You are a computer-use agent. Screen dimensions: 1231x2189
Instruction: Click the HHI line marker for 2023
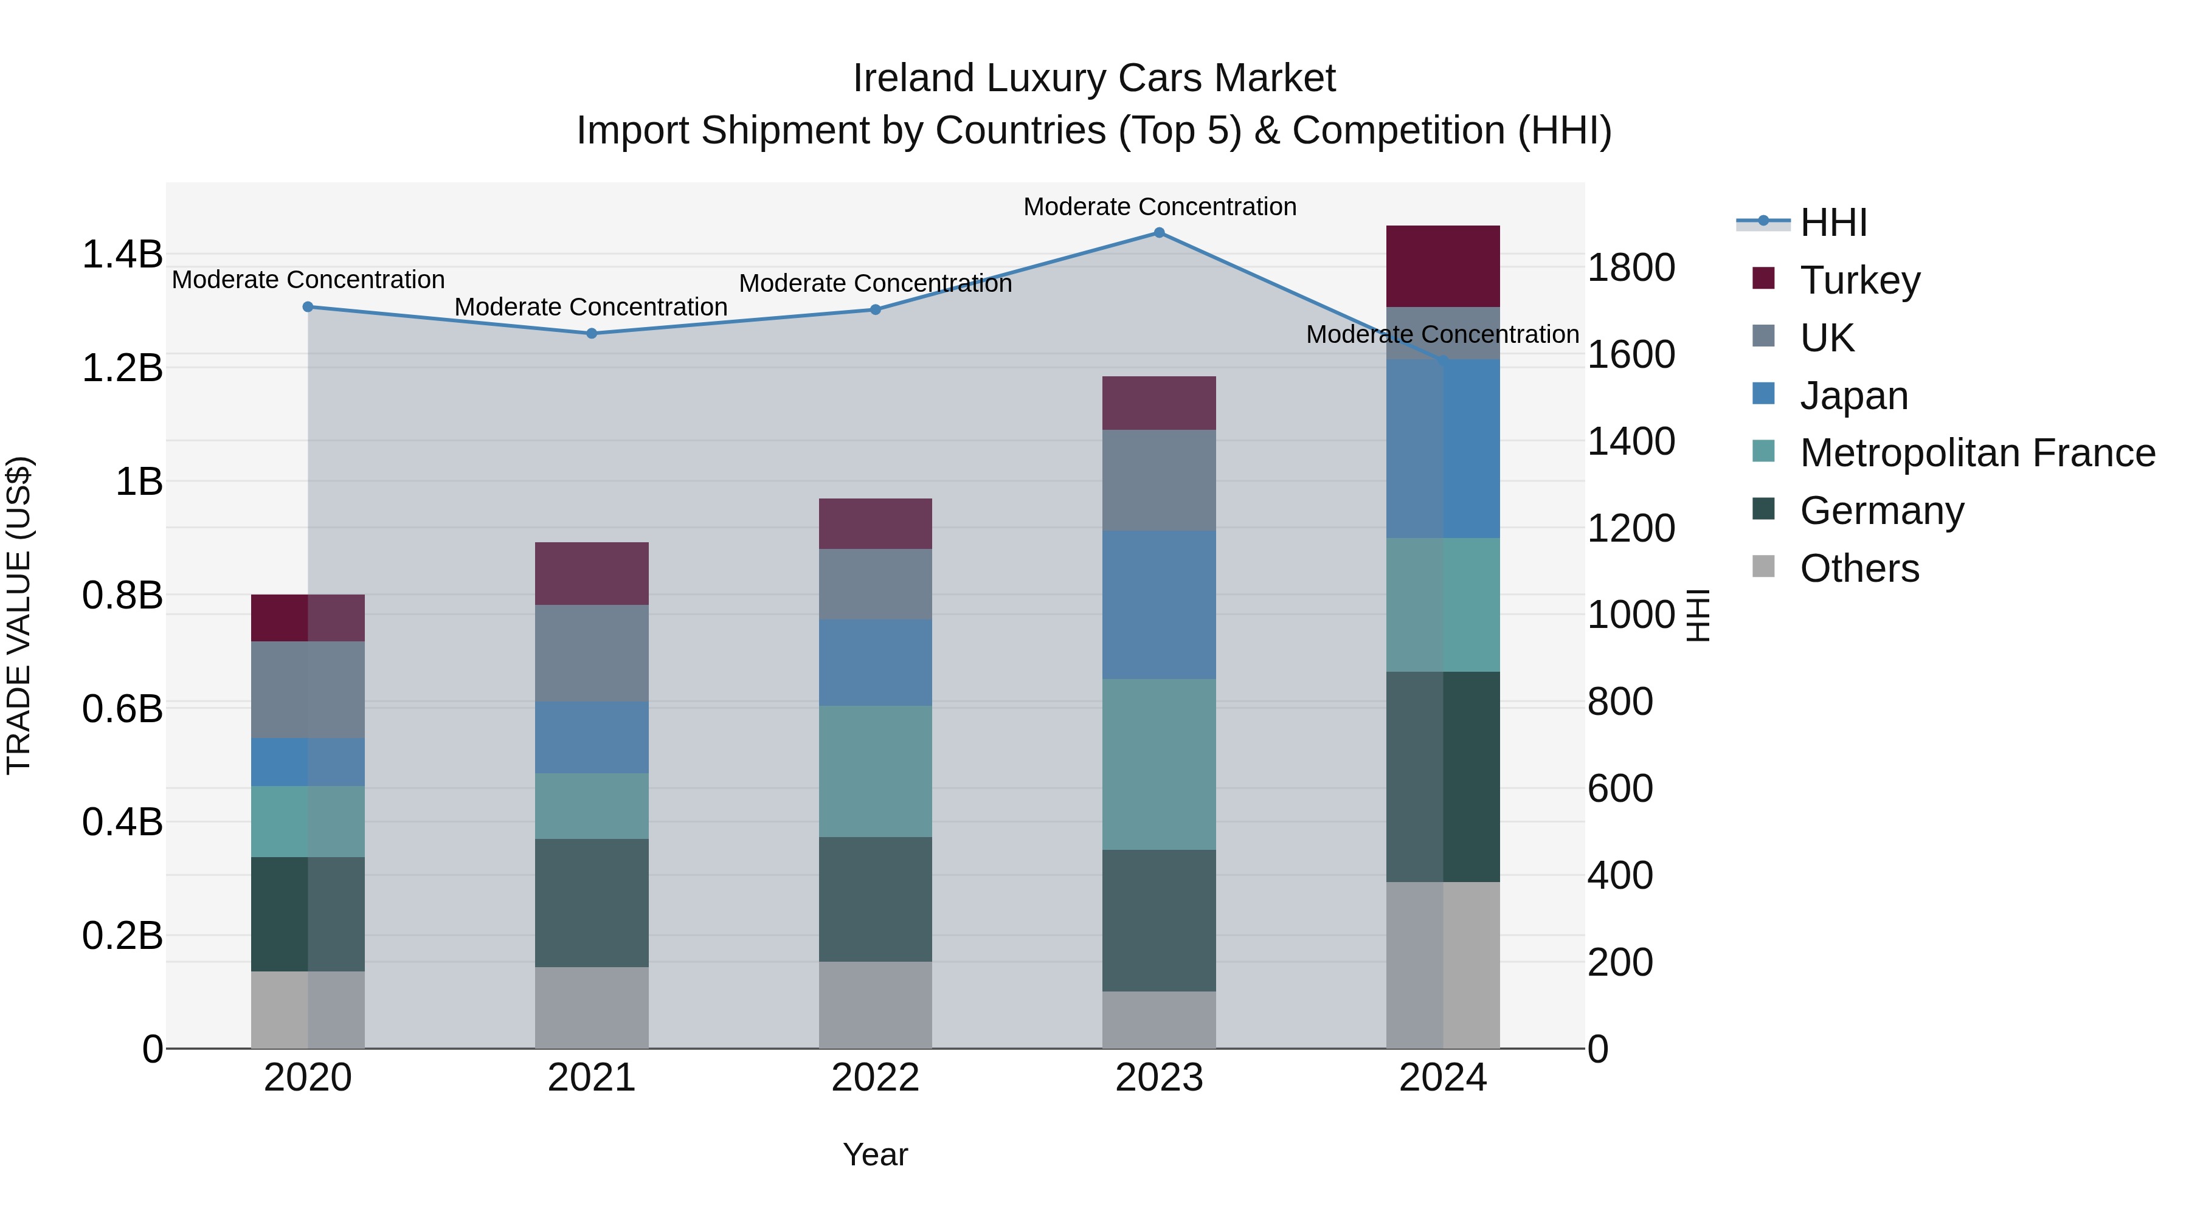point(1159,233)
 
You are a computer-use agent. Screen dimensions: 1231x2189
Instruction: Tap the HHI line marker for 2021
point(592,334)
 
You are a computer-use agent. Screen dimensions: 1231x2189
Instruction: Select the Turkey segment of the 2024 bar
point(1443,266)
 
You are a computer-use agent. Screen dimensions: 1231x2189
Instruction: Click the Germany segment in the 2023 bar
point(1159,920)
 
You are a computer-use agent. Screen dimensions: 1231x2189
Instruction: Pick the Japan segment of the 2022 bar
point(875,663)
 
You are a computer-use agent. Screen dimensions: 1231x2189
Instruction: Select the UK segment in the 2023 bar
point(1159,480)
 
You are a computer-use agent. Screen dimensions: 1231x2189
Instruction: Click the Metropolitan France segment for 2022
point(875,771)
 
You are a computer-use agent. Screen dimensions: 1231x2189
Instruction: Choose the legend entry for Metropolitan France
point(1977,453)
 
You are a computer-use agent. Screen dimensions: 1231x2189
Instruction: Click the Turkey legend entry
point(1859,280)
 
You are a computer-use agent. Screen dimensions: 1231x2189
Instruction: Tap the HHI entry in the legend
point(1833,222)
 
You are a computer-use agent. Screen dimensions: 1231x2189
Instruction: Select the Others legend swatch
point(1764,567)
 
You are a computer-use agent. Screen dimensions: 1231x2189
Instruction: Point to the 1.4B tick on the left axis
point(122,254)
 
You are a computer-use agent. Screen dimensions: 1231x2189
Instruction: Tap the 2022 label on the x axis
point(875,1078)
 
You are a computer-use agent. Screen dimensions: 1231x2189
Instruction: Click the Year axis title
point(875,1154)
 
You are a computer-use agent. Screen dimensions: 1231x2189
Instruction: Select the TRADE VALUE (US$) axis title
point(19,615)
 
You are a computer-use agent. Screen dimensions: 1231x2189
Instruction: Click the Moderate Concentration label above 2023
point(1159,207)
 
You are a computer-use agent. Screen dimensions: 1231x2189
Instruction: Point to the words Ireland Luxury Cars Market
point(1094,78)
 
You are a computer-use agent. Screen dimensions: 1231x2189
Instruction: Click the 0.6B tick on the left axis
point(122,709)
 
